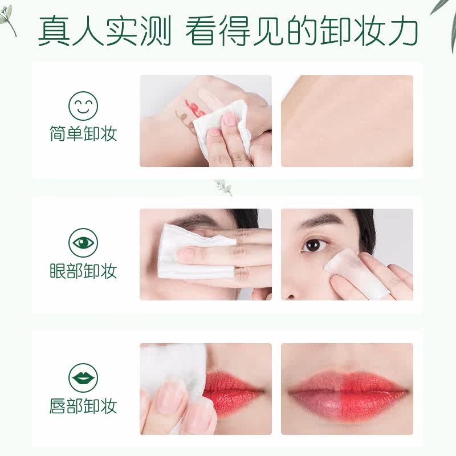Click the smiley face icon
click(83, 106)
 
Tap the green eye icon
click(83, 242)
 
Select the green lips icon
click(83, 378)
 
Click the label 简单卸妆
click(83, 135)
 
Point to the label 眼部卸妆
click(83, 271)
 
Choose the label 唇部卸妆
click(83, 406)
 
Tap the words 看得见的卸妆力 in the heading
click(302, 32)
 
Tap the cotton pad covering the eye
click(182, 251)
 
